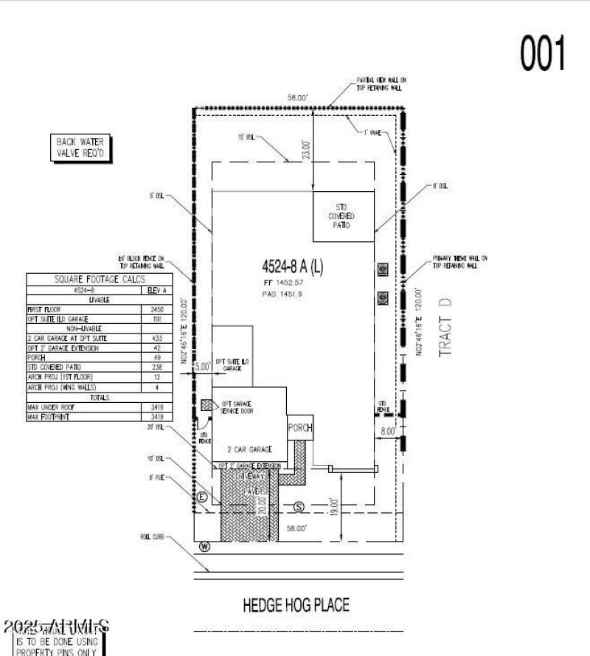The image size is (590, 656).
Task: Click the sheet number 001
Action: (544, 54)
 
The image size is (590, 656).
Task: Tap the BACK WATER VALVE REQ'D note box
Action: (81, 148)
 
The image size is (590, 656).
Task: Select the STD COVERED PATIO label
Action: (341, 215)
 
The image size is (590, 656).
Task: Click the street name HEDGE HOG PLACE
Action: (296, 606)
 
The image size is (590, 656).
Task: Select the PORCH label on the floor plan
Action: (300, 428)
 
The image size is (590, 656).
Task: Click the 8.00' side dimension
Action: (388, 430)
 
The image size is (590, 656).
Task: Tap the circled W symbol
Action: (204, 547)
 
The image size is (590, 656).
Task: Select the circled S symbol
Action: (299, 506)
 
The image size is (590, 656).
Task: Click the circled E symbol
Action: (201, 498)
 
